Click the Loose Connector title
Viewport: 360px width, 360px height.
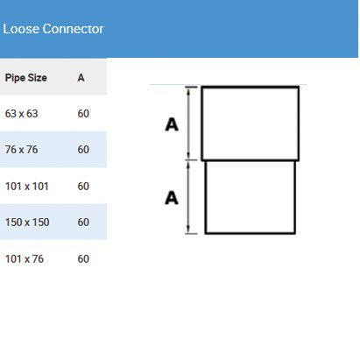(53, 29)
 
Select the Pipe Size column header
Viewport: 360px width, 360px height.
(26, 78)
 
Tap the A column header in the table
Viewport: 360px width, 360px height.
(81, 78)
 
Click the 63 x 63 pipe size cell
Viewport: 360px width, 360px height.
(22, 114)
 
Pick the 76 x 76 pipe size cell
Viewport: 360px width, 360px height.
(22, 150)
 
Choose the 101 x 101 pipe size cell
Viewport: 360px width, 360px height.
(27, 186)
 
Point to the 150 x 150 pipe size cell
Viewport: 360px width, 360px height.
(27, 222)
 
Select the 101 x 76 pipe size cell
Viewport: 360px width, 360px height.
(25, 258)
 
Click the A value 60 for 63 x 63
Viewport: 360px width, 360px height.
(83, 114)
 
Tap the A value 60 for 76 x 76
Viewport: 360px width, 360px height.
(83, 150)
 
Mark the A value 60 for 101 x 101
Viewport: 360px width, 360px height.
(83, 186)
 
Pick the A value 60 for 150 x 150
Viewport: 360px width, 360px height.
(83, 222)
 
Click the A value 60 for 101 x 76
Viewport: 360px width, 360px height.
(83, 258)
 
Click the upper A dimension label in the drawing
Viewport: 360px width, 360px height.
(172, 124)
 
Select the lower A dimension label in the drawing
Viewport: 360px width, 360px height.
(172, 198)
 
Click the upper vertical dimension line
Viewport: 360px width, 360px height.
(188, 124)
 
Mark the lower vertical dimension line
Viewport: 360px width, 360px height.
(188, 197)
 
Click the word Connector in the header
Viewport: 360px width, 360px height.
(73, 29)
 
